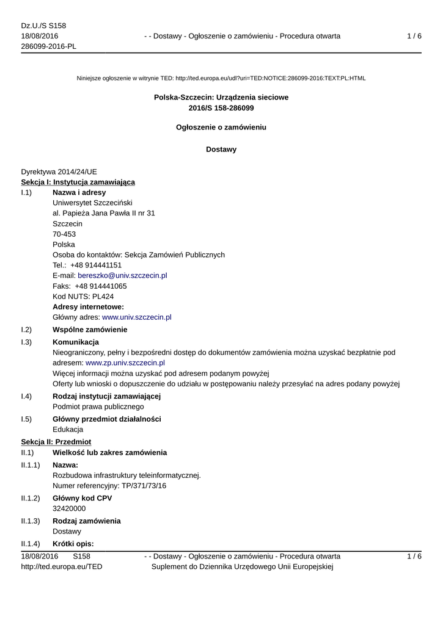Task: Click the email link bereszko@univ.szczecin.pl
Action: pyautogui.click(x=122, y=276)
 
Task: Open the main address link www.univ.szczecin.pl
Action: pyautogui.click(x=136, y=317)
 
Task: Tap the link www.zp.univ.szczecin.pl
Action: pyautogui.click(x=125, y=363)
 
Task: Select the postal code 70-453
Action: pyautogui.click(x=64, y=234)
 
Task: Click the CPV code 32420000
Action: pyautogui.click(x=69, y=508)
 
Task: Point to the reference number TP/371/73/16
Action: pyautogui.click(x=140, y=486)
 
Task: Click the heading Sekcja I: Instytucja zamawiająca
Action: pyautogui.click(x=78, y=182)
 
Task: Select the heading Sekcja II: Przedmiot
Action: pyautogui.click(x=56, y=441)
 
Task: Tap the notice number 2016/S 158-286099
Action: pyautogui.click(x=221, y=108)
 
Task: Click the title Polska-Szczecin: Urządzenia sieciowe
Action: pyautogui.click(x=221, y=97)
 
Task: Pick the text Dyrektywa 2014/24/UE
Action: pyautogui.click(x=59, y=172)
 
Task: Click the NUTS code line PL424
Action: pyautogui.click(x=83, y=297)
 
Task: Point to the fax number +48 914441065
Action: pyautogui.click(x=101, y=286)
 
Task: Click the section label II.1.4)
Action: pyautogui.click(x=31, y=544)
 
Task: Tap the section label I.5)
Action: pyautogui.click(x=26, y=419)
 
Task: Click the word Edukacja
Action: pyautogui.click(x=68, y=430)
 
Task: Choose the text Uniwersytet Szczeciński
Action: pyautogui.click(x=92, y=203)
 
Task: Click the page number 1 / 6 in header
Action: pyautogui.click(x=414, y=37)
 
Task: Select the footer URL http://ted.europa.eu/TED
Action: pyautogui.click(x=62, y=567)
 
